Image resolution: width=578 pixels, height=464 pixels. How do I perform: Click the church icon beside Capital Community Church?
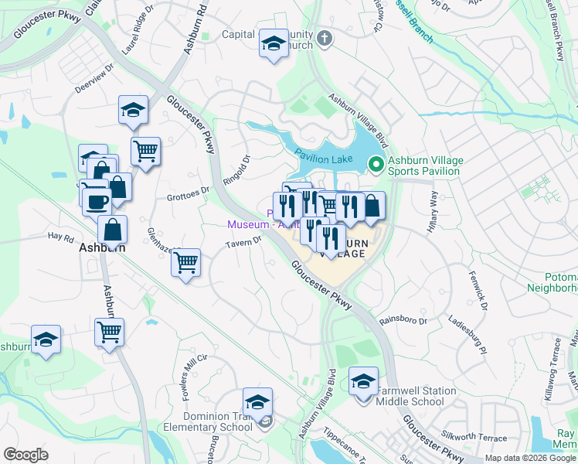coord(325,38)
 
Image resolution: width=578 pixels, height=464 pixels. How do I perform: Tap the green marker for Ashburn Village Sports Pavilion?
coord(376,164)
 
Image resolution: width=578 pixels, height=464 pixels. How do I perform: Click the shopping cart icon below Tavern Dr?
coord(185,263)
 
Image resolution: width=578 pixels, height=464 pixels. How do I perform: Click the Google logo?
coord(26,455)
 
